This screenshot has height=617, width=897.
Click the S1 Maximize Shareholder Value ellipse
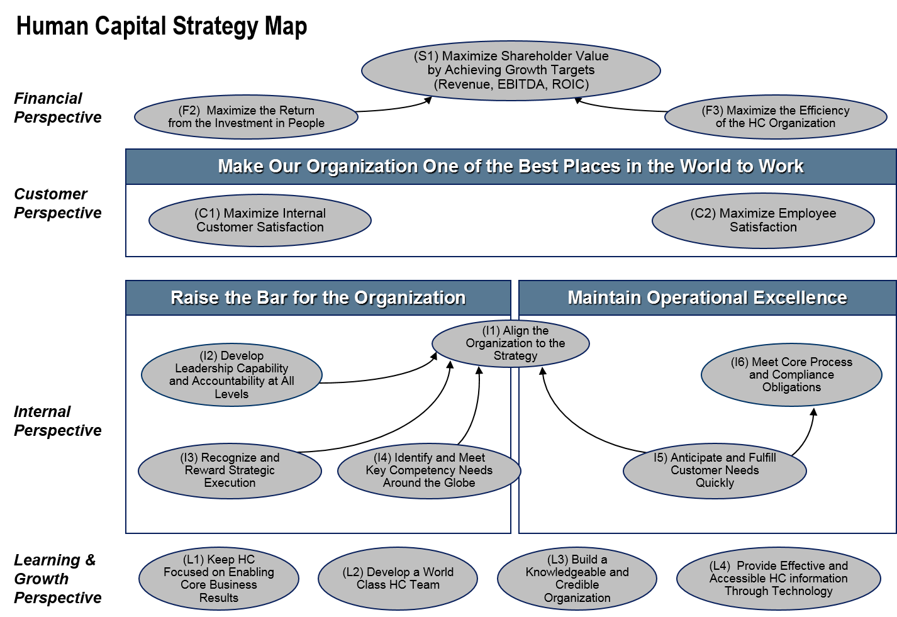click(511, 70)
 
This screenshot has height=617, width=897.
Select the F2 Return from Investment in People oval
click(246, 117)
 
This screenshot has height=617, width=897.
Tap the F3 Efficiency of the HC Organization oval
click(776, 117)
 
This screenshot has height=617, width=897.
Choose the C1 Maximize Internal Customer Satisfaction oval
click(260, 221)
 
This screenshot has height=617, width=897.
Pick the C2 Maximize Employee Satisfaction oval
click(763, 221)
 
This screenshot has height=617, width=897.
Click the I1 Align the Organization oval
click(511, 343)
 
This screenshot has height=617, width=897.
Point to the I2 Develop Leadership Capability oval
click(231, 375)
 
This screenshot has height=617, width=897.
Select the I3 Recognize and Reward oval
click(230, 470)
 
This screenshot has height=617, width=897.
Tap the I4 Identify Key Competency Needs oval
click(429, 470)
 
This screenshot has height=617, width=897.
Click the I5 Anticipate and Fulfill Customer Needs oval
click(715, 470)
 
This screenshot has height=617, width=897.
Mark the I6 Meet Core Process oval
click(791, 375)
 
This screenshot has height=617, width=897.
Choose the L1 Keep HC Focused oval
click(219, 579)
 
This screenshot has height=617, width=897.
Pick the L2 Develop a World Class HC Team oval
click(398, 579)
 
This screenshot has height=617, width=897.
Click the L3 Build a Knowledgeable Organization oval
click(577, 579)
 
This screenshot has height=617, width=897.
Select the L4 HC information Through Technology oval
click(778, 579)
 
